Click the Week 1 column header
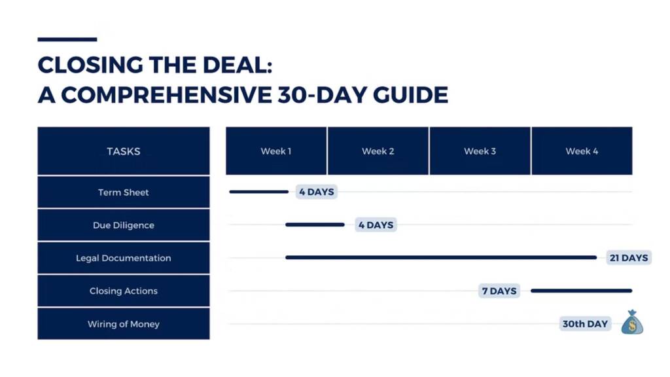[276, 151]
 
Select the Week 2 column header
[378, 151]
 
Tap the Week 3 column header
[480, 151]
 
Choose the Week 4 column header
[582, 151]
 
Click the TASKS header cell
[124, 151]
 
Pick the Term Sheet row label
[124, 192]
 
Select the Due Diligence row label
[124, 225]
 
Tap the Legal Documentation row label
[124, 258]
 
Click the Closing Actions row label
[124, 291]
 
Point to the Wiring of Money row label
[124, 324]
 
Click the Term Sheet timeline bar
[259, 192]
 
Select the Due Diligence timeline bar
[315, 225]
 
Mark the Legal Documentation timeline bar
[441, 257]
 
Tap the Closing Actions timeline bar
[582, 291]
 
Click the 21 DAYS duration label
[629, 258]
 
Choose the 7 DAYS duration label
[499, 291]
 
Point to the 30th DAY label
[585, 324]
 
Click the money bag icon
[632, 322]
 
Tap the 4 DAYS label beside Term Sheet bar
[317, 192]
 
